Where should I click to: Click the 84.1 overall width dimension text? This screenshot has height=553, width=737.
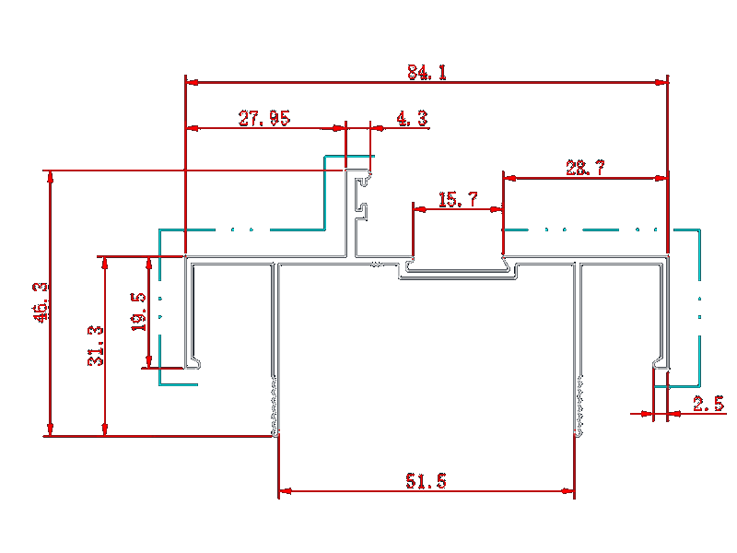(427, 72)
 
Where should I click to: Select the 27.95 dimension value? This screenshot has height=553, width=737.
(264, 118)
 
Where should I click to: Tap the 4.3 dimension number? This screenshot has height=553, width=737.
(411, 118)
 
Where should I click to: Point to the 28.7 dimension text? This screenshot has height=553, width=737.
(585, 168)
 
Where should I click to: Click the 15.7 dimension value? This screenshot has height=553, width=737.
(458, 199)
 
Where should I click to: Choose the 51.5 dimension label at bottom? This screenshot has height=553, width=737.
(426, 481)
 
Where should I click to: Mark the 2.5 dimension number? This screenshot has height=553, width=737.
(708, 404)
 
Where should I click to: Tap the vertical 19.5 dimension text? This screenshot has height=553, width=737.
(139, 312)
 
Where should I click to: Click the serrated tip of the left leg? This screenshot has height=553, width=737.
(275, 406)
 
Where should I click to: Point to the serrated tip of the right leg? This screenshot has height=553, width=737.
(579, 406)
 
